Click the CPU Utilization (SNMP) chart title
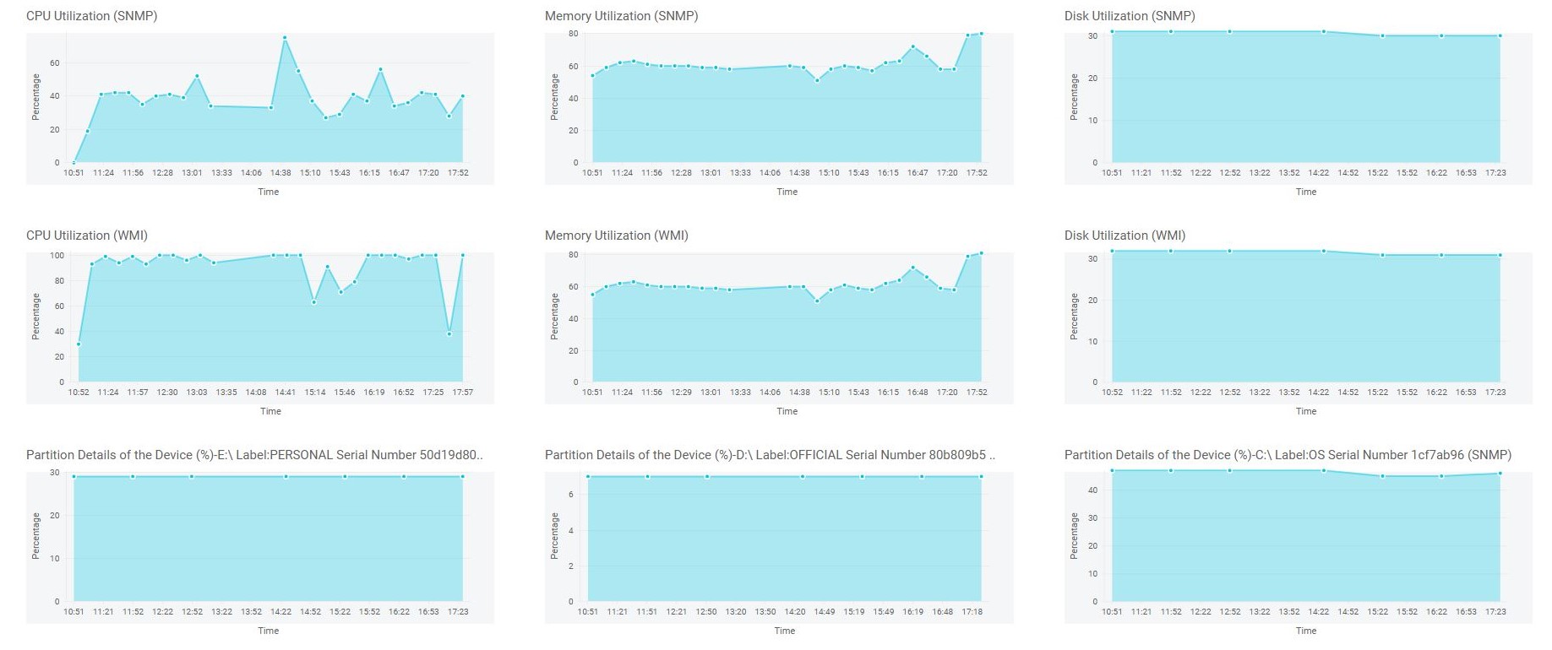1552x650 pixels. click(91, 16)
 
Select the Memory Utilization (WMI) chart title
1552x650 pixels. click(616, 236)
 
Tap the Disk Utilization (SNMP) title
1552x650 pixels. click(1130, 16)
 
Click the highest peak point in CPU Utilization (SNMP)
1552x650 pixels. click(285, 37)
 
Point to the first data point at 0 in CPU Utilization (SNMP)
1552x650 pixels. click(74, 162)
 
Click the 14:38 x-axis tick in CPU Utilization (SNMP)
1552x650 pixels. click(280, 173)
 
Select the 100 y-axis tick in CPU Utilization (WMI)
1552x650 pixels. click(57, 255)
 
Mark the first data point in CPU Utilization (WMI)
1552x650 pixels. click(79, 344)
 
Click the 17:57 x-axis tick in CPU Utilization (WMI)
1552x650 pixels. click(462, 393)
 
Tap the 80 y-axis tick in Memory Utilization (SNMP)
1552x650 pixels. click(573, 34)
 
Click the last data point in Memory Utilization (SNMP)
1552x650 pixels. click(982, 33)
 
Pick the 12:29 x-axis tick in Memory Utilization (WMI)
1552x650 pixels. click(681, 393)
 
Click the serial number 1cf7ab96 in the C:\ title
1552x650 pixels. click(1435, 455)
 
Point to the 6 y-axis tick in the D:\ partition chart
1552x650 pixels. click(571, 495)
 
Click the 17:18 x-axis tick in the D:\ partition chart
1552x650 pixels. click(972, 612)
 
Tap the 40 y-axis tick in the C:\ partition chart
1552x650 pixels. click(1092, 490)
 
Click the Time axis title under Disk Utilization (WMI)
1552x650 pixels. click(1306, 411)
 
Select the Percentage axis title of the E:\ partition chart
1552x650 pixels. click(36, 535)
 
